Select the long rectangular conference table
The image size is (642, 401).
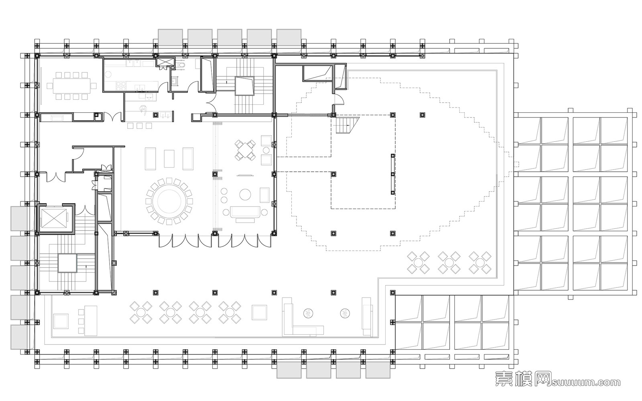click(x=72, y=85)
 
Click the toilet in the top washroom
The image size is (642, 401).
click(x=183, y=65)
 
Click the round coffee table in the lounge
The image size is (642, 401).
click(x=246, y=195)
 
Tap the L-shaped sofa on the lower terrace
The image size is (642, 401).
click(x=299, y=321)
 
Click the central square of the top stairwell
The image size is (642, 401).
click(x=244, y=86)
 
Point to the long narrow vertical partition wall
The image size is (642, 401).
click(x=393, y=174)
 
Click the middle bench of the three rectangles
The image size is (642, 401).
click(x=169, y=158)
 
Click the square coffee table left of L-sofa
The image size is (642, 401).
click(x=259, y=313)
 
